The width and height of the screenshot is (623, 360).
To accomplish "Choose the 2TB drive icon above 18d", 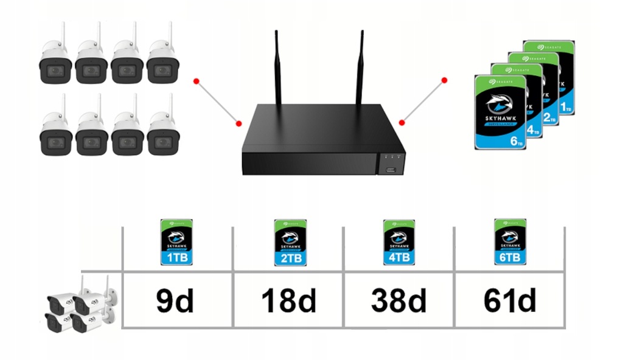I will coord(289,243).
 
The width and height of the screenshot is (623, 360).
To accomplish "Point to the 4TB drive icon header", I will coord(399,243).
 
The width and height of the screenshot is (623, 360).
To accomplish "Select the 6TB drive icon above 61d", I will coord(509,243).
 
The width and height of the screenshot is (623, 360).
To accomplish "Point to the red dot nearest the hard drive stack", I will coord(445,80).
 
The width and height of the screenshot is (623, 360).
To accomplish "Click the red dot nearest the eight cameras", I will coord(195,80).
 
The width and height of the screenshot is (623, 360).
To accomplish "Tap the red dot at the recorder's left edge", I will coord(239,123).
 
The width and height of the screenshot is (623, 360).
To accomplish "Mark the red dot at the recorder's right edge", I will coord(402,123).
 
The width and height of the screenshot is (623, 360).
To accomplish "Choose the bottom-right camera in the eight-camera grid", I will coord(162,134).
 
